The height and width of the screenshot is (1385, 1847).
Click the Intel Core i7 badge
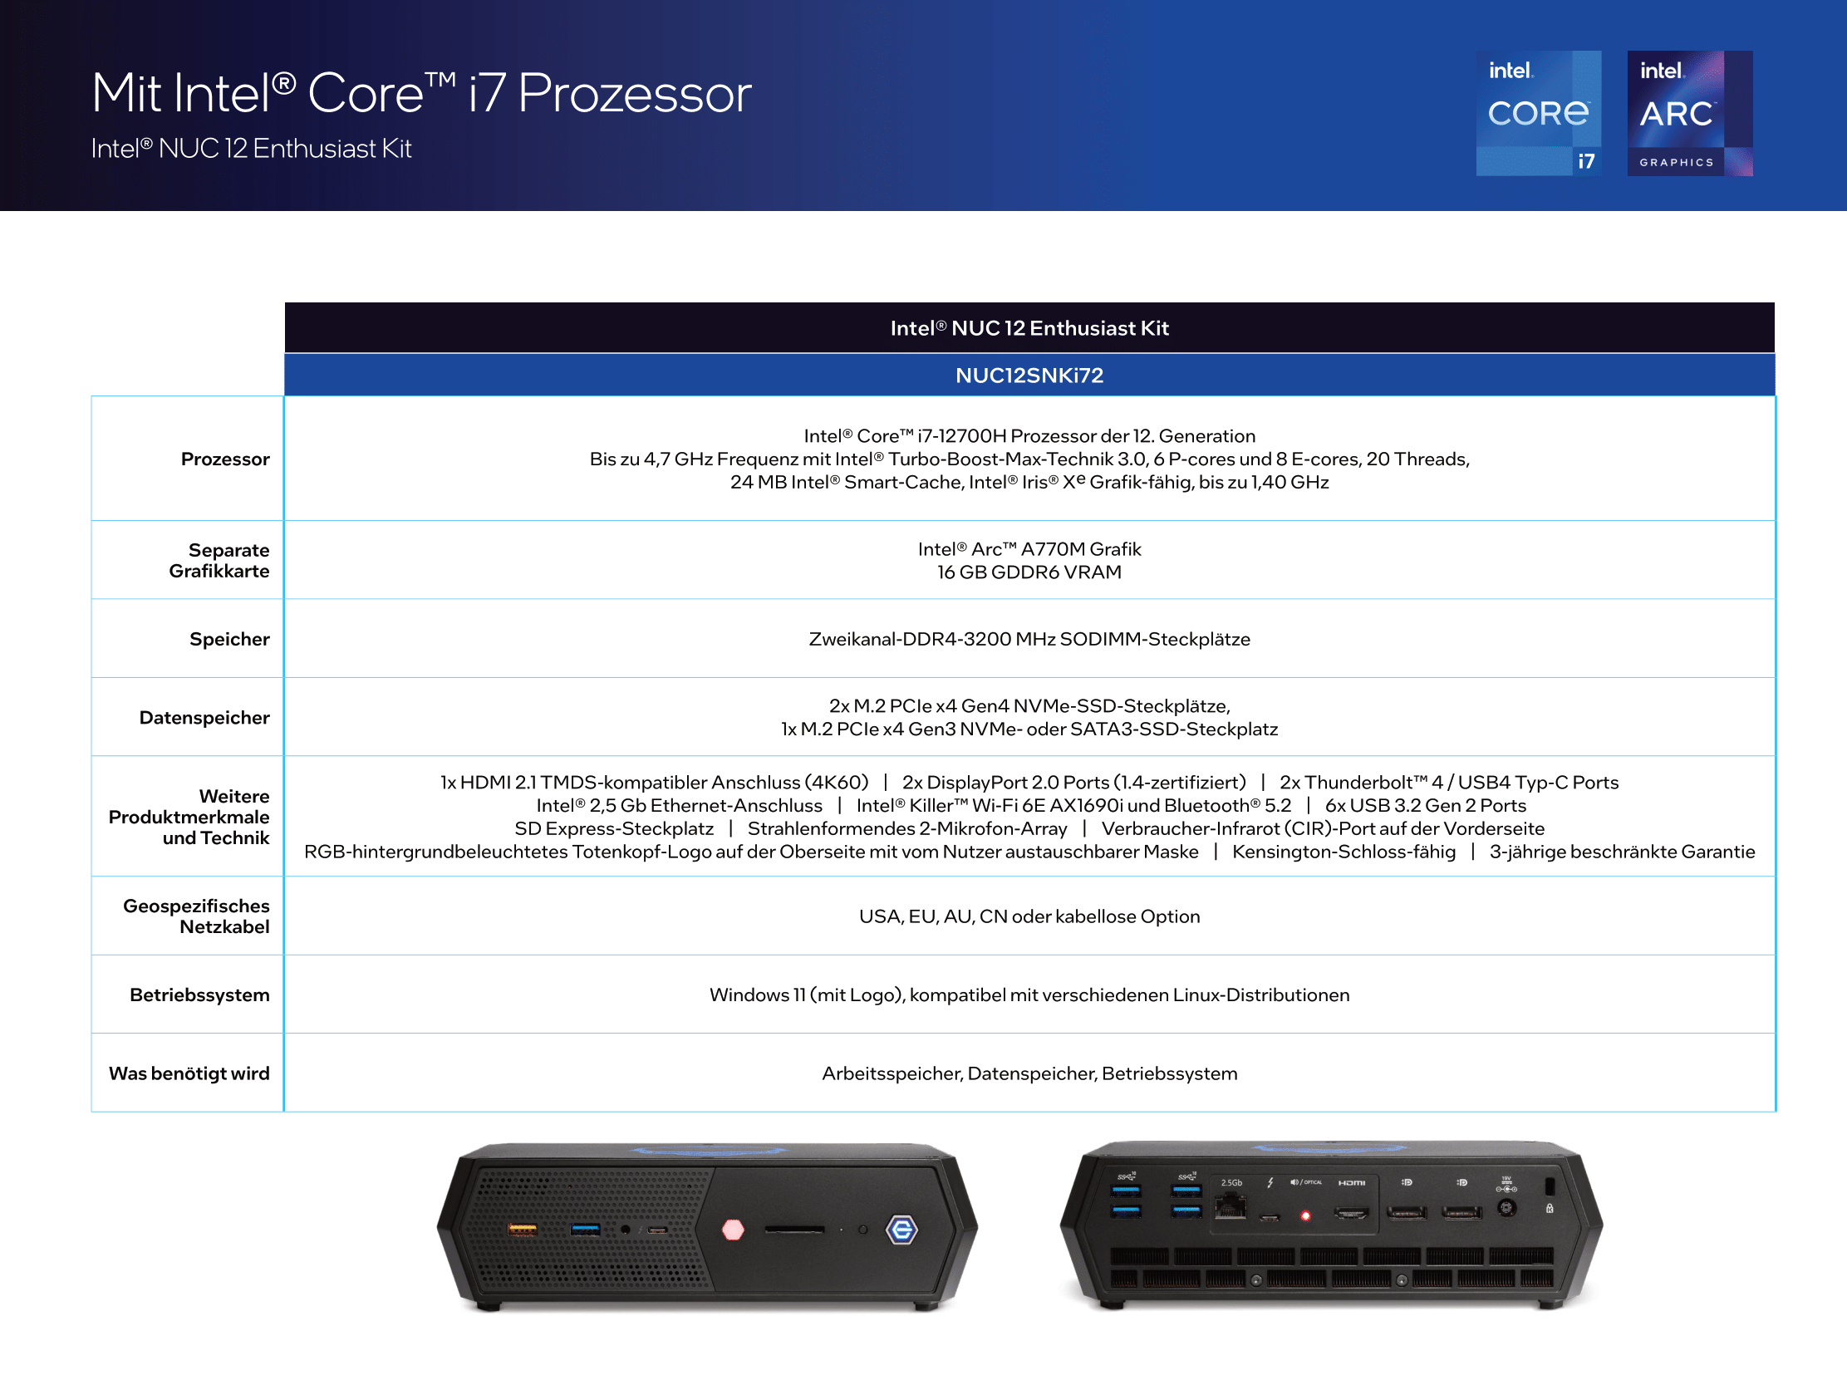pos(1538,113)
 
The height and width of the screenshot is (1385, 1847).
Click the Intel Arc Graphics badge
pos(1689,113)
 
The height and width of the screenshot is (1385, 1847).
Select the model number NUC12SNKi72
pos(1029,376)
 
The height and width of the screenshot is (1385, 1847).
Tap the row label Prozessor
pos(225,459)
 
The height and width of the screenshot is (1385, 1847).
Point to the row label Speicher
pos(229,640)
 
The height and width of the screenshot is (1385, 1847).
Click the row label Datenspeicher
pos(204,718)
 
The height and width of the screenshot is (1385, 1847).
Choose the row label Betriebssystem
pos(199,995)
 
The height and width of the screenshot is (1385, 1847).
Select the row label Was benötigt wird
pos(189,1073)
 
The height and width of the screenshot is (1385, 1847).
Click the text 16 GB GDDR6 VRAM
pos(1029,572)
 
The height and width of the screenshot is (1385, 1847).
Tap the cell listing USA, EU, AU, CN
pos(1029,916)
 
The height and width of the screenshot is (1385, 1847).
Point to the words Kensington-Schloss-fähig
pos(1343,852)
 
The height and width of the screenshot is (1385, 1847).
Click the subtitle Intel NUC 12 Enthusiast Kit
pos(251,149)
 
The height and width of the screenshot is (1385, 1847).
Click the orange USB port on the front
pos(523,1230)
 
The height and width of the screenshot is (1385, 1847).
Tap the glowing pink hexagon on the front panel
pos(733,1230)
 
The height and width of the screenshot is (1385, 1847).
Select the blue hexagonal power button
pos(901,1230)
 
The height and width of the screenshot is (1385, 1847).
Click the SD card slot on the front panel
pos(794,1230)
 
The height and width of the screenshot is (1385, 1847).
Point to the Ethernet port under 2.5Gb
pos(1230,1206)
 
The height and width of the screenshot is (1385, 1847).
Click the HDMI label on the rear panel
pos(1352,1183)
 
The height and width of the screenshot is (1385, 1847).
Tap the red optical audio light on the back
pos(1306,1216)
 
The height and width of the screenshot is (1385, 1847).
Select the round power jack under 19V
pos(1506,1208)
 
